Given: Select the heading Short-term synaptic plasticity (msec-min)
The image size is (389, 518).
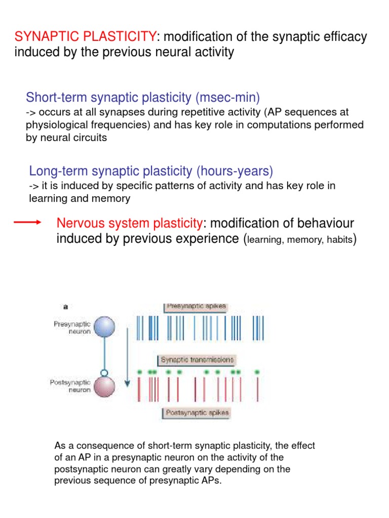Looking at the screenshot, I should [143, 97].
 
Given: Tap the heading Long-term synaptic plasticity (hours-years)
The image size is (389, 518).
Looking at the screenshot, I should [151, 171].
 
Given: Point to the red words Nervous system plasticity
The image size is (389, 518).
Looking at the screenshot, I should [129, 223].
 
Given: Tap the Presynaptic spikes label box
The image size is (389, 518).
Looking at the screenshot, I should [196, 307].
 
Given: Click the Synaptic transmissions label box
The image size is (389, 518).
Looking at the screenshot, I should [197, 360].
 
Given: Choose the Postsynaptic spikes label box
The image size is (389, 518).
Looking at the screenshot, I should [197, 413].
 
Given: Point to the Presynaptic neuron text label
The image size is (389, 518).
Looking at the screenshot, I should [72, 328].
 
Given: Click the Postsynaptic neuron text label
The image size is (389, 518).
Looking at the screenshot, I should [71, 386].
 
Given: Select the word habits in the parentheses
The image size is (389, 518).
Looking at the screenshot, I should [339, 240].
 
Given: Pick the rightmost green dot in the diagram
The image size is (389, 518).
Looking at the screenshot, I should [257, 372].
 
